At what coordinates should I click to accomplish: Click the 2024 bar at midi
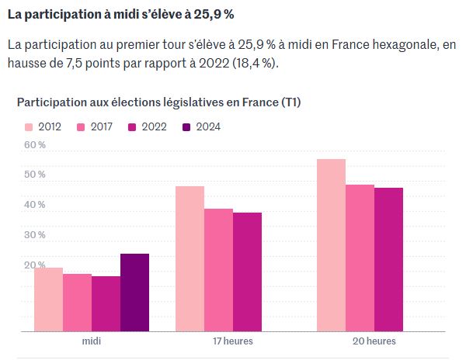pos(134,292)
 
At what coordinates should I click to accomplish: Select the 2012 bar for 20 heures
pos(331,245)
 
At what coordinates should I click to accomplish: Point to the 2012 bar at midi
pos(48,299)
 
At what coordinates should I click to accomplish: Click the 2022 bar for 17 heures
pos(247,272)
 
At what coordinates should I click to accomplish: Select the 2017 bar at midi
pos(77,303)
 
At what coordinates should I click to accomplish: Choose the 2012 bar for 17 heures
pos(190,259)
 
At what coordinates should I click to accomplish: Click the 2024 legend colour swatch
pos(186,127)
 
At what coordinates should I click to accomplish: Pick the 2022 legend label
pos(155,127)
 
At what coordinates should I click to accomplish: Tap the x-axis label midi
pos(92,341)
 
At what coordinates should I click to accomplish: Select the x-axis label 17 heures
pos(233,341)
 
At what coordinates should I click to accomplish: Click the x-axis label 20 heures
pos(374,341)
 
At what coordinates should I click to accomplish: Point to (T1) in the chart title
pos(289,102)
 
